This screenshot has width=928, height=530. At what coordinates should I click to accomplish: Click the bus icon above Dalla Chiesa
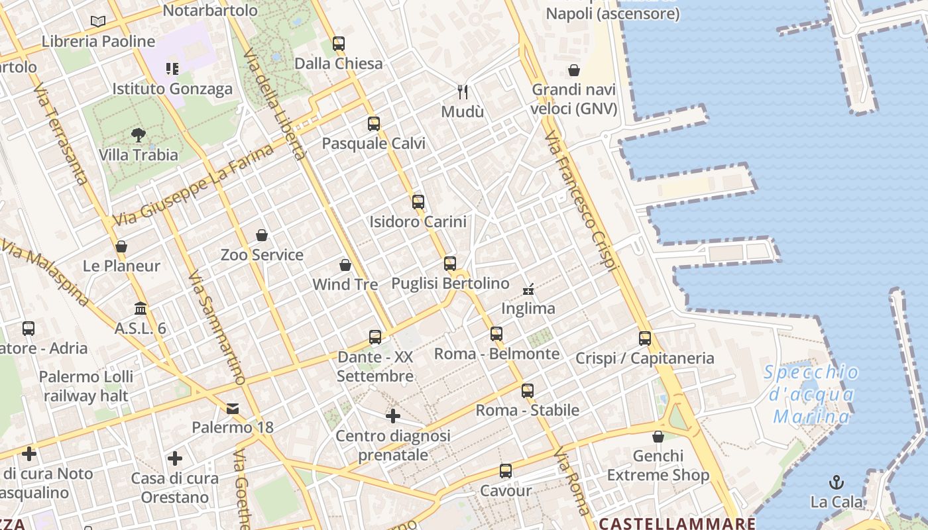pyautogui.click(x=339, y=44)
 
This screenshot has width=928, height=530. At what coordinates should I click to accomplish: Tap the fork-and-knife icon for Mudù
pyautogui.click(x=463, y=91)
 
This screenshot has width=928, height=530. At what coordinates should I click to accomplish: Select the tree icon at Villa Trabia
pyautogui.click(x=139, y=135)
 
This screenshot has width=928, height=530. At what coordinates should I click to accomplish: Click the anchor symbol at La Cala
pyautogui.click(x=837, y=482)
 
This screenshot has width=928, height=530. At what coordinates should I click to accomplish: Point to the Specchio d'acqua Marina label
pyautogui.click(x=812, y=394)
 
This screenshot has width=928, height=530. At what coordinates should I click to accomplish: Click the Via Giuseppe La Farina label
pyautogui.click(x=194, y=185)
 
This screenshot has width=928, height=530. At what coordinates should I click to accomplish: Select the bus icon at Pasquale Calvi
pyautogui.click(x=374, y=124)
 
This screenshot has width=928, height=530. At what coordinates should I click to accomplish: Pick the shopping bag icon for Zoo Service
pyautogui.click(x=262, y=235)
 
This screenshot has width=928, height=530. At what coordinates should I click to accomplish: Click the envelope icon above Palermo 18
pyautogui.click(x=233, y=408)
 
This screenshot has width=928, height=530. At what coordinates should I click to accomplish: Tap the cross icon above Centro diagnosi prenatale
pyautogui.click(x=393, y=416)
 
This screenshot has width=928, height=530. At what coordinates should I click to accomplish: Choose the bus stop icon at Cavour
pyautogui.click(x=506, y=471)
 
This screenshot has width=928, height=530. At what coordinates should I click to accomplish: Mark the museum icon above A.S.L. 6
pyautogui.click(x=141, y=309)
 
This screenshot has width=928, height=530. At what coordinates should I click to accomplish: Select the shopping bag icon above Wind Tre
pyautogui.click(x=345, y=265)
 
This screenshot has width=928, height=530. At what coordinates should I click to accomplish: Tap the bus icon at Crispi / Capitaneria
pyautogui.click(x=645, y=339)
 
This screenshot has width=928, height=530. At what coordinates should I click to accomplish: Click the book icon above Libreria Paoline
pyautogui.click(x=98, y=21)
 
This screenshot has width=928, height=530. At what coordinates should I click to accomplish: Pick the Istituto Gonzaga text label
pyautogui.click(x=172, y=89)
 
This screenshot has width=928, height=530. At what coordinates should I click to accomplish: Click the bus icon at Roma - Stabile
pyautogui.click(x=528, y=390)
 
